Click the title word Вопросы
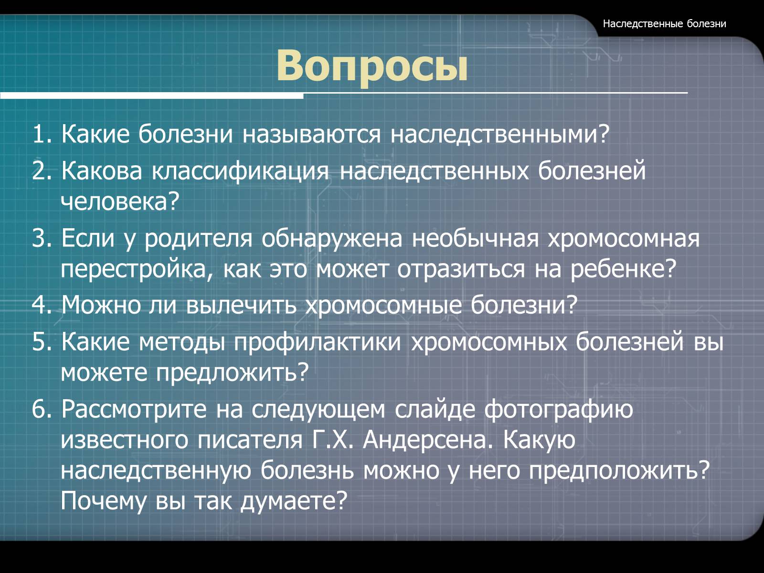371,66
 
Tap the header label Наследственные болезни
665,24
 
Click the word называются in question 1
311,134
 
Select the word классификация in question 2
240,171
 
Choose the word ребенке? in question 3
624,268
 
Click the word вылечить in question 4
241,306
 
